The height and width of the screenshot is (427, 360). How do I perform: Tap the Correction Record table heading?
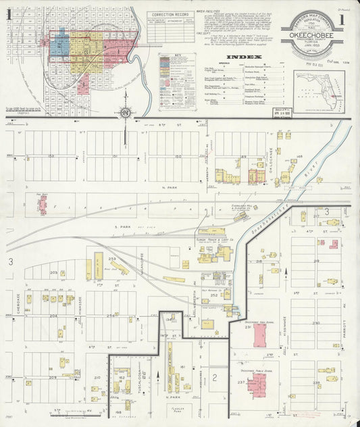tap(170, 14)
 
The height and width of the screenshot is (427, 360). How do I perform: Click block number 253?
tap(111, 259)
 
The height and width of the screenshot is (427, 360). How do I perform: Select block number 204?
tap(53, 315)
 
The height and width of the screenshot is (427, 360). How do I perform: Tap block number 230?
tap(316, 322)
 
